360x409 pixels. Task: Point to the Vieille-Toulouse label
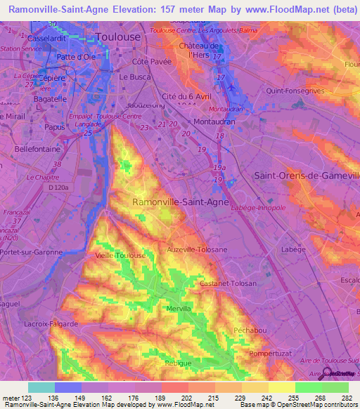(x=111, y=257)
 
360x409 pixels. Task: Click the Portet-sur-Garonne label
(x=31, y=252)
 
